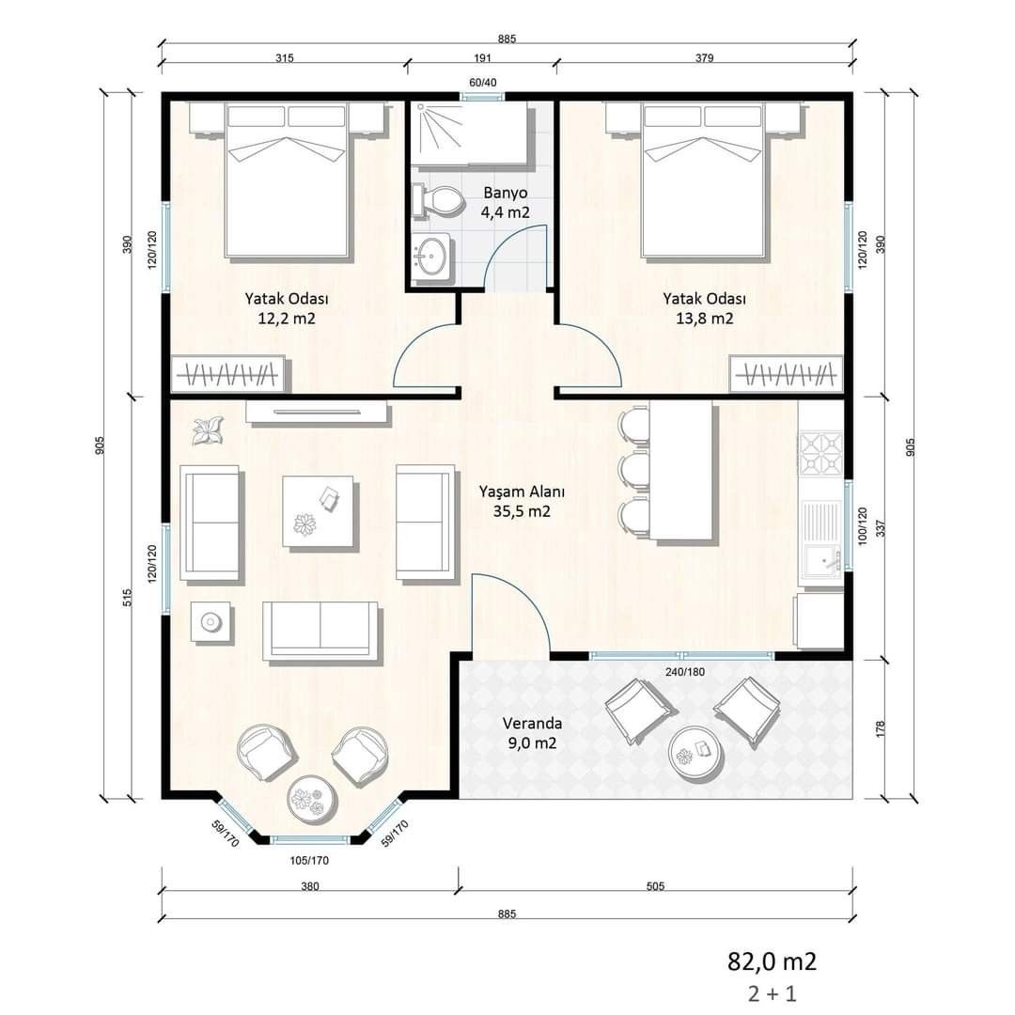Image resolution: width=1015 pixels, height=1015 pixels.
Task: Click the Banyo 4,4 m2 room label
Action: pos(505,203)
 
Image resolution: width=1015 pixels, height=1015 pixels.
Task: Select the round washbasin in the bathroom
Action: pos(430,257)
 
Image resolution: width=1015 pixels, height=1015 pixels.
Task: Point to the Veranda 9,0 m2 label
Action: pos(532,733)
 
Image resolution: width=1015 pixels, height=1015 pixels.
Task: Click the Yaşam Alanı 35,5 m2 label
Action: pos(522,501)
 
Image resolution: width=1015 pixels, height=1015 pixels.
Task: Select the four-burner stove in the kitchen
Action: pos(820,454)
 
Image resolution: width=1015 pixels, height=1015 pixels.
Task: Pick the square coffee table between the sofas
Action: pos(318,511)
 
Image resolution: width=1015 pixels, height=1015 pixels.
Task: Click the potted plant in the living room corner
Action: pos(208,430)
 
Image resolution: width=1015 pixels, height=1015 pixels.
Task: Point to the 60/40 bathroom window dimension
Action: pos(482,82)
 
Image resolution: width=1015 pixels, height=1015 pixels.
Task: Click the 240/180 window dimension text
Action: pos(685,672)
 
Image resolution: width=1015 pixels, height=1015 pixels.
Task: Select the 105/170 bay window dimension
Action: pos(309,860)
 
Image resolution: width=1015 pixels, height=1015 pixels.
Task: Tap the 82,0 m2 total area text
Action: pos(772,961)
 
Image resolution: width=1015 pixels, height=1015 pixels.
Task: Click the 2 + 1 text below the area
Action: pos(772,993)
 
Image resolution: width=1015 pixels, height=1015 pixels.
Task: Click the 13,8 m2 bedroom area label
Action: pos(704,319)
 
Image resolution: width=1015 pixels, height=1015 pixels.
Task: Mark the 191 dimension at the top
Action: pos(482,57)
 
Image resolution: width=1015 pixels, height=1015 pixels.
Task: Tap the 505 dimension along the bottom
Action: pos(655,886)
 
